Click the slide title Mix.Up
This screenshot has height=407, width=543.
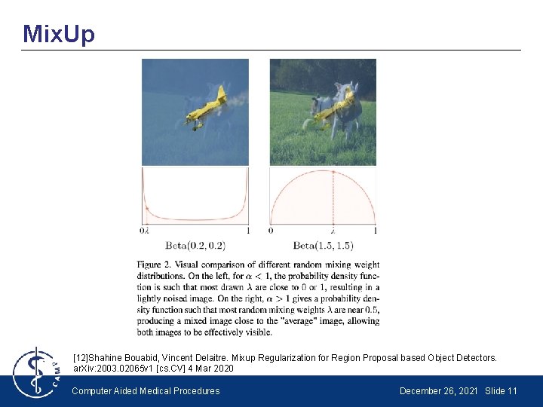point(59,34)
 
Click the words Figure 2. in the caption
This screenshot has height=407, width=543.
point(156,265)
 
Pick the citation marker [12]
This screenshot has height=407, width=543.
point(81,358)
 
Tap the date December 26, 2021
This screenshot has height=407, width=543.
point(440,390)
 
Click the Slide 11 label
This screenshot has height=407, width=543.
point(502,390)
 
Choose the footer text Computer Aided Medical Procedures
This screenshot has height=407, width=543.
point(146,390)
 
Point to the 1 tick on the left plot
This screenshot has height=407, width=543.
point(248,230)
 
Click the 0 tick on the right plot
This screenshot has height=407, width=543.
point(271,230)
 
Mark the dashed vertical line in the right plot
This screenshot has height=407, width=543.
point(333,196)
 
